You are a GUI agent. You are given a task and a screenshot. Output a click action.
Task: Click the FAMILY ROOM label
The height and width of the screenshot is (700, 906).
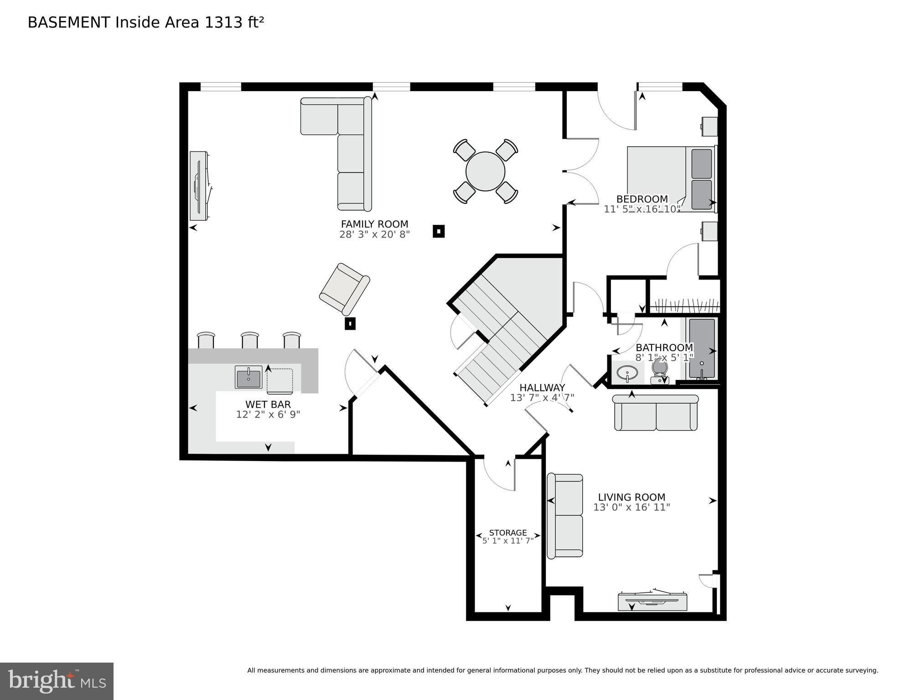tap(374, 224)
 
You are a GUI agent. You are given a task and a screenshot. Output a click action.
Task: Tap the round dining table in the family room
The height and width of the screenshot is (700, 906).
tap(485, 171)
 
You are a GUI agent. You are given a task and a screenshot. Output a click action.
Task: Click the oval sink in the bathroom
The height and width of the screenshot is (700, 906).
tap(627, 373)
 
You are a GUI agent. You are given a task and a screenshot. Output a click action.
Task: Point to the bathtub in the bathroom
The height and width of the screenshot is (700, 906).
tap(702, 349)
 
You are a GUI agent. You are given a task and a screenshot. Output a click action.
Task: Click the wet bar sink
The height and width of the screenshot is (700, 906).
tap(249, 377)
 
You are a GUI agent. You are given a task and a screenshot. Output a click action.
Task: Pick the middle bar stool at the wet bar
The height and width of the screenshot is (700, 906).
tap(250, 340)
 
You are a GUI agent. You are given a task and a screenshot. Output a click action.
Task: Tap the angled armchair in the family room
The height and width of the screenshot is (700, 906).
tap(344, 289)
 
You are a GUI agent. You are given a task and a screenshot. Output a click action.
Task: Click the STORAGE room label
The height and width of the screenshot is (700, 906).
tap(508, 533)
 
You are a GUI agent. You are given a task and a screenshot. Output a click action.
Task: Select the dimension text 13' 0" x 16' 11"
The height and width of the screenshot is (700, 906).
tap(632, 508)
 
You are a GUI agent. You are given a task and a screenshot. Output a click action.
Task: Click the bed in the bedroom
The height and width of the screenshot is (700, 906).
tap(670, 179)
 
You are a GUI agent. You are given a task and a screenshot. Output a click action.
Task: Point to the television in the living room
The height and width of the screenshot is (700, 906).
tap(652, 601)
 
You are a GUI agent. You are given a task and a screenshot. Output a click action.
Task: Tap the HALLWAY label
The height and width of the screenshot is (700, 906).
tap(542, 388)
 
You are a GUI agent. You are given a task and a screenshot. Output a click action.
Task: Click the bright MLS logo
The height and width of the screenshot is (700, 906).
tap(57, 681)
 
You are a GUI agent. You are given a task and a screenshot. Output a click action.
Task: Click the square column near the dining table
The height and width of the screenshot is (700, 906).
tap(438, 231)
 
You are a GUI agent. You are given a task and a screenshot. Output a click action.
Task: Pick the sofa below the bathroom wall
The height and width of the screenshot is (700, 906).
tap(656, 413)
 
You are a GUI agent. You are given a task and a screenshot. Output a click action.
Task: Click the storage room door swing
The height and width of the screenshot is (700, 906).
tap(500, 474)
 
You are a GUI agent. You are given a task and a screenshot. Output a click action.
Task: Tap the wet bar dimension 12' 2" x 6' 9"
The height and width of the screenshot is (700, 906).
tap(268, 415)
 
